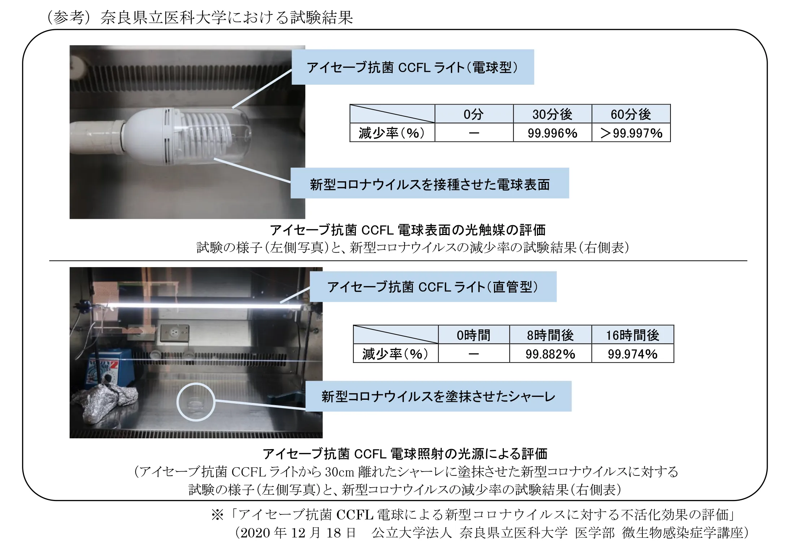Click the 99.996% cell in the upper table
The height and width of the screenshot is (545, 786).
pyautogui.click(x=552, y=133)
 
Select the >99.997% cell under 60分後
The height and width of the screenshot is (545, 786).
pyautogui.click(x=631, y=133)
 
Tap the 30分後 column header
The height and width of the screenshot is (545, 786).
pyautogui.click(x=552, y=114)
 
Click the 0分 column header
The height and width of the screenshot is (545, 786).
pyautogui.click(x=474, y=114)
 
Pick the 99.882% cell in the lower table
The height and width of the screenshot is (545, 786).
pyautogui.click(x=550, y=354)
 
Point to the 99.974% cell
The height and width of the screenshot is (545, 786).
pyautogui.click(x=633, y=354)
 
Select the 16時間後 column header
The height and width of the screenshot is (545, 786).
pyautogui.click(x=633, y=335)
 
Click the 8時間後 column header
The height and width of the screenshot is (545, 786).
pyautogui.click(x=550, y=335)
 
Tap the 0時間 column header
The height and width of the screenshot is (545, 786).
pyautogui.click(x=474, y=335)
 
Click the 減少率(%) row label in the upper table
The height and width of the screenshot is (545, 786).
pyautogui.click(x=392, y=133)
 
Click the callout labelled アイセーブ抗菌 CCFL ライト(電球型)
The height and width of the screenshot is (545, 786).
pyautogui.click(x=412, y=67)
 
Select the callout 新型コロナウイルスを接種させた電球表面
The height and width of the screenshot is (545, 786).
pyautogui.click(x=429, y=183)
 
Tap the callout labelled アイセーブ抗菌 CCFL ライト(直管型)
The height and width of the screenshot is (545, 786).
pyautogui.click(x=433, y=287)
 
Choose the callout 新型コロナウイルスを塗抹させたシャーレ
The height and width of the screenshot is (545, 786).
pyautogui.click(x=438, y=396)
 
